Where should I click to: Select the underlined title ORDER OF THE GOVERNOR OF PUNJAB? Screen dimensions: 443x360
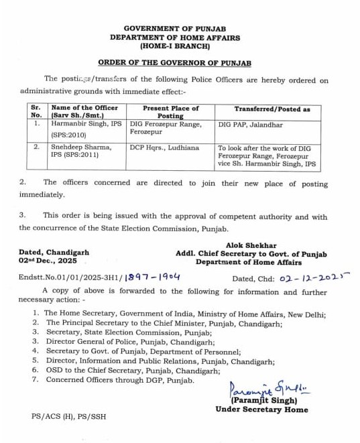pyautogui.click(x=174, y=62)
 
